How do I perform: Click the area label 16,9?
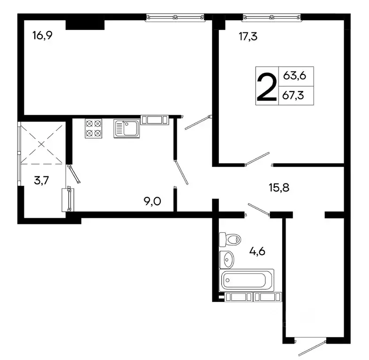(42, 36)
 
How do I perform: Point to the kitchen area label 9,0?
(152, 202)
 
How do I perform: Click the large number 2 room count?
(265, 85)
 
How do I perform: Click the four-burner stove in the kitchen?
(93, 128)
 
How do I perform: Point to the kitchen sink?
(127, 129)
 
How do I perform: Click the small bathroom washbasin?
(227, 258)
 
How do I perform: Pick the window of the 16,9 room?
(175, 17)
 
